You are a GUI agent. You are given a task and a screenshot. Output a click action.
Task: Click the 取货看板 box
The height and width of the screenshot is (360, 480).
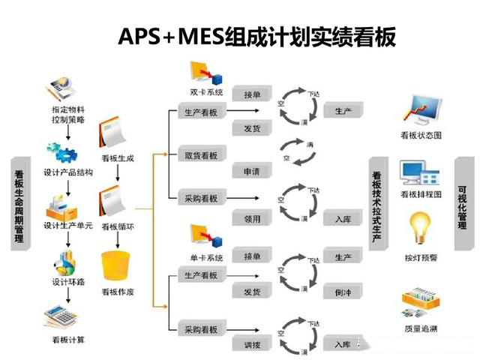[x=201, y=155]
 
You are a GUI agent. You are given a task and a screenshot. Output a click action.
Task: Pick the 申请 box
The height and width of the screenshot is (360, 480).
[x=251, y=172]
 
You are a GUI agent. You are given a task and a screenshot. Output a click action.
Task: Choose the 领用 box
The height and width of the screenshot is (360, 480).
[x=251, y=219]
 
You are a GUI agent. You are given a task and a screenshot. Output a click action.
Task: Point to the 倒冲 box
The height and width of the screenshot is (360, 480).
[x=343, y=292]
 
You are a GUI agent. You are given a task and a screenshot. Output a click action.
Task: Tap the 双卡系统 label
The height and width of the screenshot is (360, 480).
[x=207, y=94]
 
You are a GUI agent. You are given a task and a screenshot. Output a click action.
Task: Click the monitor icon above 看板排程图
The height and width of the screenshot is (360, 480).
[x=420, y=174]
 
